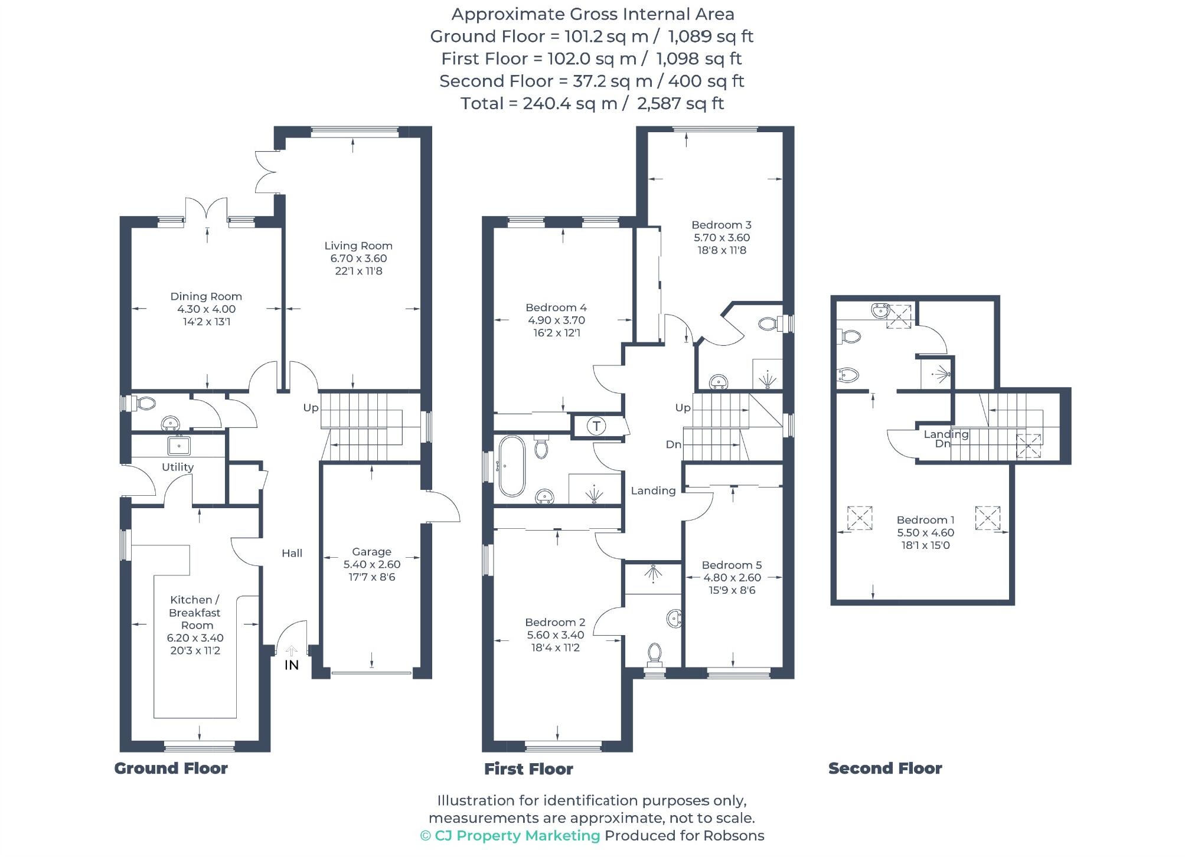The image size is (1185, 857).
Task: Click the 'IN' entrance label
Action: click(292, 665)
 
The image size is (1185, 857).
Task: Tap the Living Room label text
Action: click(358, 246)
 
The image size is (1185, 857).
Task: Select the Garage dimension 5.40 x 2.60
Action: click(371, 564)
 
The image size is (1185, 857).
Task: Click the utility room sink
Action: click(179, 446)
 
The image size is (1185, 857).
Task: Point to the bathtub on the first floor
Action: click(511, 466)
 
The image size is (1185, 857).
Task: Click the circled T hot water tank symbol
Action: click(596, 426)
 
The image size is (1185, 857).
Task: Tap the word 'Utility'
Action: click(178, 467)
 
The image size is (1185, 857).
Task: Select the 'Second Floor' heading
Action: click(884, 768)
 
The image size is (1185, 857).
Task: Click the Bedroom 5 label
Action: click(732, 565)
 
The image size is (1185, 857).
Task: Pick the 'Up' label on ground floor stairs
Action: click(311, 408)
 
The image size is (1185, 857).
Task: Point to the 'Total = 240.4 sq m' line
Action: click(592, 103)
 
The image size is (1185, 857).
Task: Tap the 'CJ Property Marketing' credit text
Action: click(517, 836)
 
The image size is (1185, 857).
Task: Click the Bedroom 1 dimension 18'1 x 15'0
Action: click(925, 545)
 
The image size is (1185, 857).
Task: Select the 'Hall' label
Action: click(292, 553)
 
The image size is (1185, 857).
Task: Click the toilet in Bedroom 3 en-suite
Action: click(768, 323)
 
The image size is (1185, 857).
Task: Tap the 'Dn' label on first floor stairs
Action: click(673, 444)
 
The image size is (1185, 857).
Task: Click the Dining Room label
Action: click(206, 296)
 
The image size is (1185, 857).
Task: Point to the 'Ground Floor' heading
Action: click(171, 768)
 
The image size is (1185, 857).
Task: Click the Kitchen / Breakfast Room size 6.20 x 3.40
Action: click(195, 638)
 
